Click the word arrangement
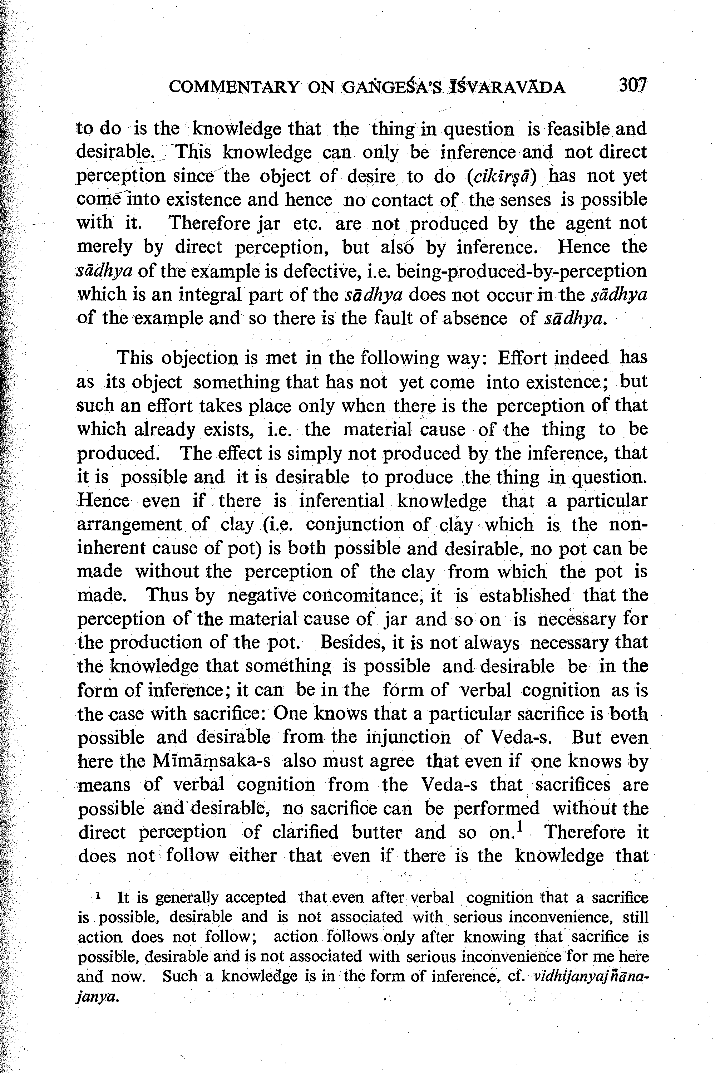129,525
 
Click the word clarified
305,833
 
